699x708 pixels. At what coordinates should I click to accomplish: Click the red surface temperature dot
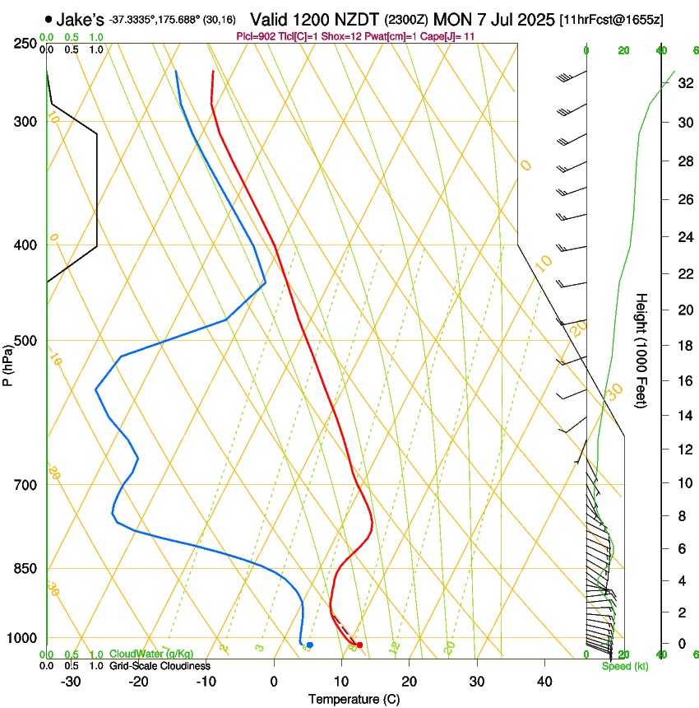click(359, 645)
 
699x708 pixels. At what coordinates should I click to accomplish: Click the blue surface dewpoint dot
click(310, 645)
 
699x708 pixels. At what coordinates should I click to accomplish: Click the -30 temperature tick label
click(71, 682)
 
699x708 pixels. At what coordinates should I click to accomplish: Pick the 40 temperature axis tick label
click(544, 682)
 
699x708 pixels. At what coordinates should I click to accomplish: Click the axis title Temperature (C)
click(354, 699)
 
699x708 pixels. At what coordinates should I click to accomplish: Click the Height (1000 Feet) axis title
click(642, 350)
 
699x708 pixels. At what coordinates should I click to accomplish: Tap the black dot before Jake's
click(50, 19)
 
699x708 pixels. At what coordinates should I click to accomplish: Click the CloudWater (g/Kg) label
click(151, 654)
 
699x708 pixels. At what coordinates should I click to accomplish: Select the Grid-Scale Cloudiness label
click(160, 665)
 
